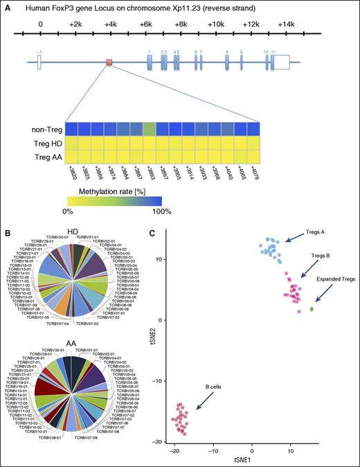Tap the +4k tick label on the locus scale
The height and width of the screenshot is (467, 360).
pyautogui.click(x=110, y=23)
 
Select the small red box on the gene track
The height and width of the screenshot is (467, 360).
pyautogui.click(x=109, y=64)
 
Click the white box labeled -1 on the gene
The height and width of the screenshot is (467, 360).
pyautogui.click(x=39, y=63)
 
